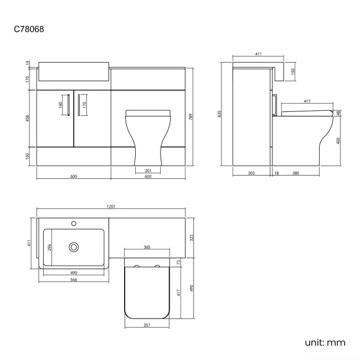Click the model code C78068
click(29, 29)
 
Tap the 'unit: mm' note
click(325, 342)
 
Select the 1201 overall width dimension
click(111, 207)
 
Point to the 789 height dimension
click(191, 117)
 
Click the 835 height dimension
click(219, 114)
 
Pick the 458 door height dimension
click(28, 118)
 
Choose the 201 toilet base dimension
click(148, 171)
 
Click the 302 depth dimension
click(251, 173)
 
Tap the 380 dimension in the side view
click(296, 173)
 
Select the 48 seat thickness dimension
click(338, 113)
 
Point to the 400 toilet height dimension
click(338, 141)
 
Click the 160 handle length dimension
click(60, 105)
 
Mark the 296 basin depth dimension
click(49, 247)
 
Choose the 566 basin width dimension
click(74, 280)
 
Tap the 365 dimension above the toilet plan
click(147, 247)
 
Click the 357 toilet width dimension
click(147, 325)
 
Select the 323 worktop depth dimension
click(192, 238)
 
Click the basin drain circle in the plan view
click(74, 247)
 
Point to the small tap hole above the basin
click(74, 223)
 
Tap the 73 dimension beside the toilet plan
click(179, 262)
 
